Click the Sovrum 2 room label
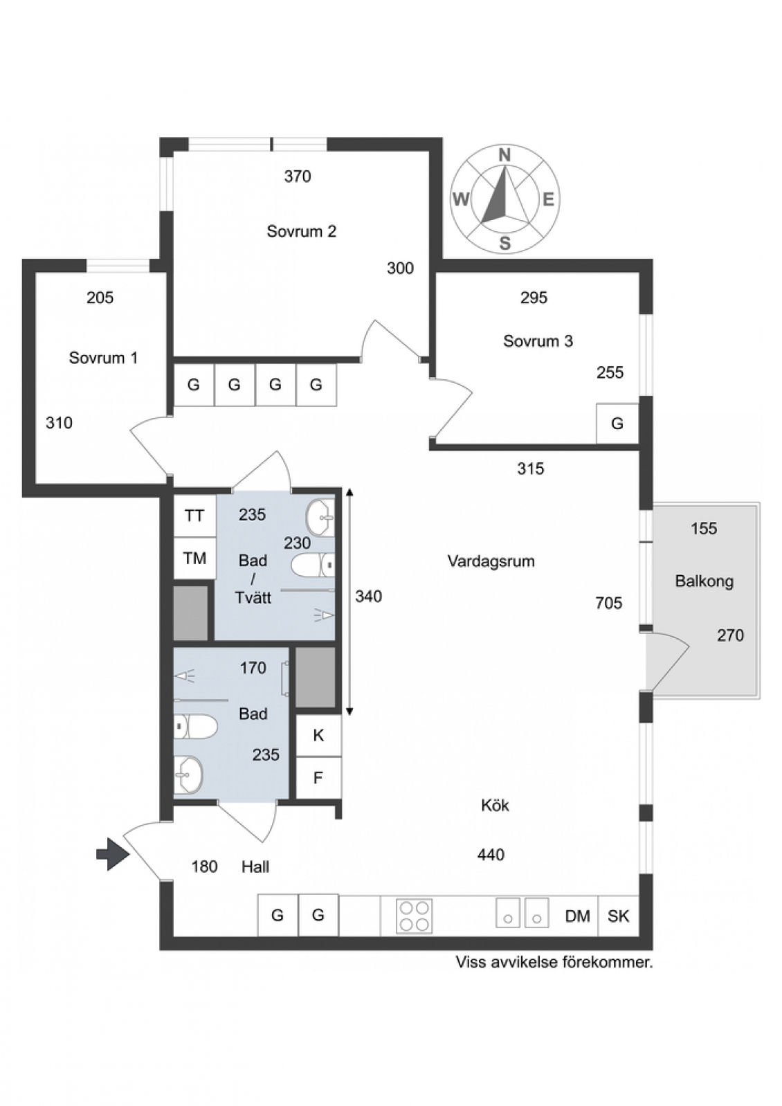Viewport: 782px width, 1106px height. [301, 231]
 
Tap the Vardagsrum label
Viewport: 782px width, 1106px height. [491, 561]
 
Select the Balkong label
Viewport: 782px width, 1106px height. [704, 581]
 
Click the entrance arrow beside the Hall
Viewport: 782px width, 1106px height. [113, 854]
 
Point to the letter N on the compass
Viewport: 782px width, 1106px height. [504, 156]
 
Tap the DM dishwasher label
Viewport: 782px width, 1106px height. [578, 917]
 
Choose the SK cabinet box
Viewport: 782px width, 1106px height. [619, 916]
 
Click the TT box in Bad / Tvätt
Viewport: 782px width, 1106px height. [194, 516]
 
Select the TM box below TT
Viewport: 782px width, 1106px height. [194, 558]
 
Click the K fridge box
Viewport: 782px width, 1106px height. [318, 736]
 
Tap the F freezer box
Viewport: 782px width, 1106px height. [318, 778]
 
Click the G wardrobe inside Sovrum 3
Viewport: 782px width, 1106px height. [617, 423]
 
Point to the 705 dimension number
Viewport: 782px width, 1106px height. [609, 603]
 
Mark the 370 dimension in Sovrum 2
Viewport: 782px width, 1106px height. [298, 176]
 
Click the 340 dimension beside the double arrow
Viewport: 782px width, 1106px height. [369, 597]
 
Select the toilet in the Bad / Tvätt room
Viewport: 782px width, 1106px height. [313, 565]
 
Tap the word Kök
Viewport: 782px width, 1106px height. [495, 806]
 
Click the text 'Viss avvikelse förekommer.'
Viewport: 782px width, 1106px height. [554, 962]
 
